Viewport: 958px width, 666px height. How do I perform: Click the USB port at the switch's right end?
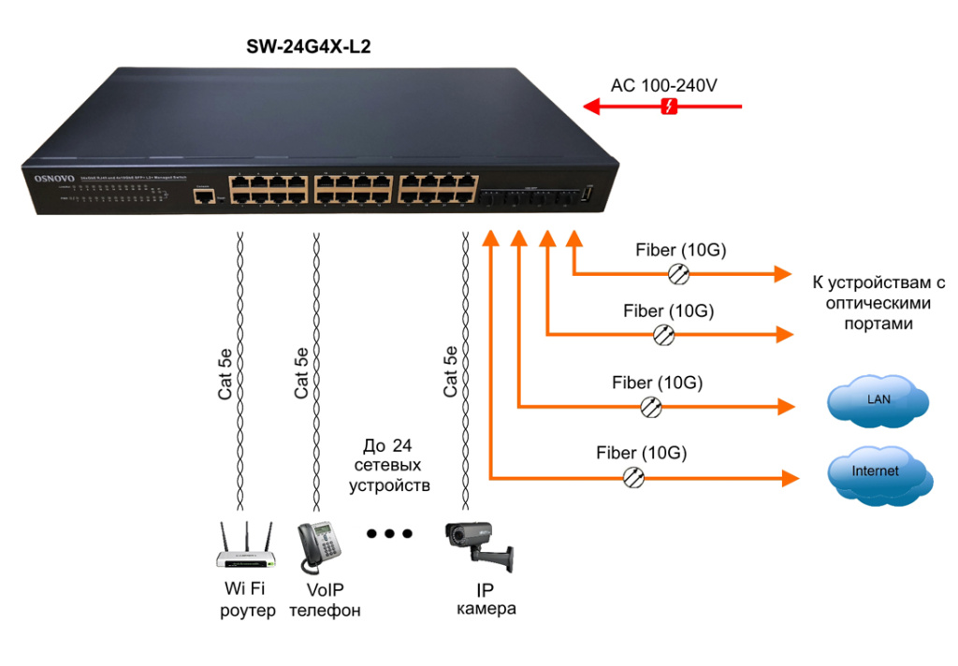[x=588, y=194]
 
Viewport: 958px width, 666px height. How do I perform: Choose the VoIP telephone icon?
[x=318, y=547]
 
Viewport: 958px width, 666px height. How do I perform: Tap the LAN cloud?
[x=878, y=401]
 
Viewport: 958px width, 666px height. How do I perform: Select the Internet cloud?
[x=877, y=473]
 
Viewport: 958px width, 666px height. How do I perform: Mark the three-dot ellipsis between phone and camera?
[x=389, y=534]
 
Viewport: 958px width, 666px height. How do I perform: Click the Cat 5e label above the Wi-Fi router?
[x=225, y=372]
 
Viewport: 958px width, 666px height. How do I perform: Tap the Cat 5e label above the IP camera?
[x=451, y=372]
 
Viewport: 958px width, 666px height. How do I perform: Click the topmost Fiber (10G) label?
[x=681, y=251]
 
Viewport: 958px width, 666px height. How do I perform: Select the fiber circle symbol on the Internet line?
[x=633, y=478]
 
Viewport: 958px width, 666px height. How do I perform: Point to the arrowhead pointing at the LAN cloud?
[x=786, y=406]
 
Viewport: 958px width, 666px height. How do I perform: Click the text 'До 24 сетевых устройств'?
[x=389, y=465]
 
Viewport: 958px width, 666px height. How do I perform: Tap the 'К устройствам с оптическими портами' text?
[x=879, y=303]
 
